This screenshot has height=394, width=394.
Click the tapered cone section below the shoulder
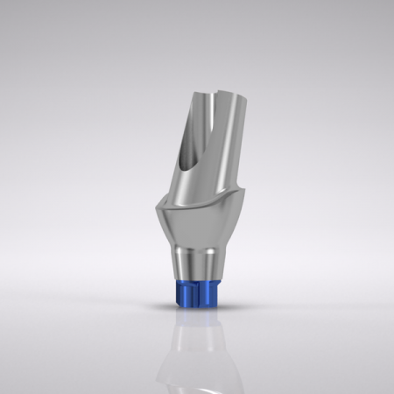coord(197,232)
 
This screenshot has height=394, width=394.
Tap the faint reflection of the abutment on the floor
coord(196,350)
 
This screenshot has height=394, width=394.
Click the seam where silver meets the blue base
coord(198,280)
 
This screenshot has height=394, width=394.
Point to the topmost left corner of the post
coord(186,90)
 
